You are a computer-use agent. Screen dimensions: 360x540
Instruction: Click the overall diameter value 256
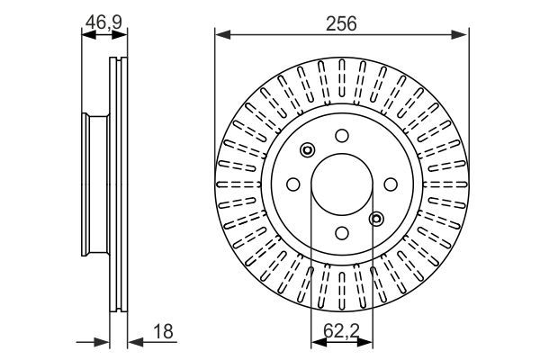click(342, 23)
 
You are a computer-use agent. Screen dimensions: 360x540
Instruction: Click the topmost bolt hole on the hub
click(342, 135)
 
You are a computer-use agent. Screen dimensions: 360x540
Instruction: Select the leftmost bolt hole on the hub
click(293, 184)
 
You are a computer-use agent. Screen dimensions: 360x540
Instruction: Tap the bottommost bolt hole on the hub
click(342, 232)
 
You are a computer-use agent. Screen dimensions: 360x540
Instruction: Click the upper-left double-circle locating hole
click(308, 150)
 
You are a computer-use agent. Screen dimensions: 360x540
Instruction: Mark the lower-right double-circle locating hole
click(376, 217)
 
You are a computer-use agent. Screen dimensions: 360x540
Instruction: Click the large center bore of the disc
click(342, 184)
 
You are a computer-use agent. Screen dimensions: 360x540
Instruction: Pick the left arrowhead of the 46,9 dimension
click(86, 36)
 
